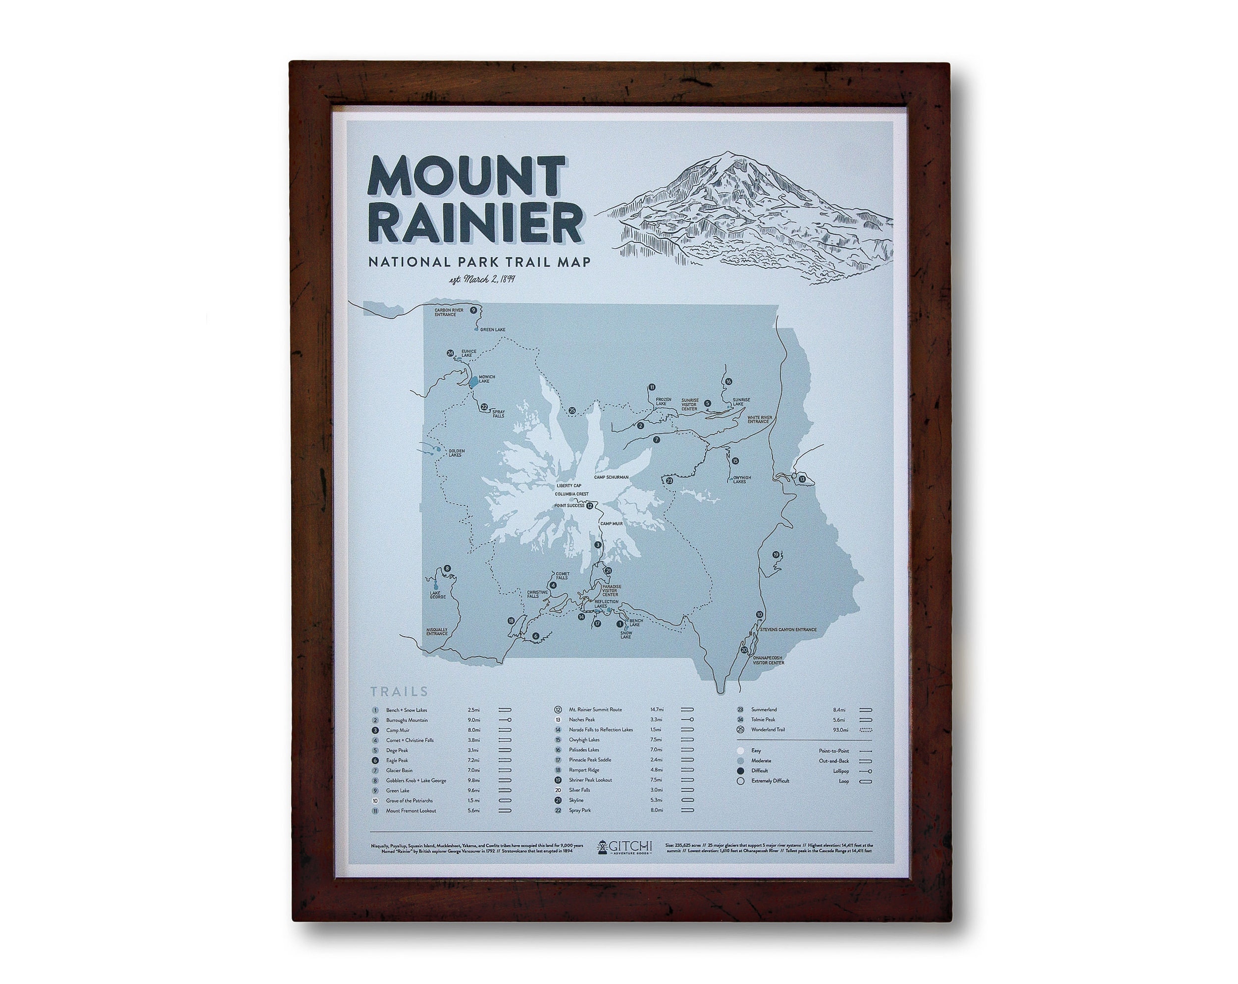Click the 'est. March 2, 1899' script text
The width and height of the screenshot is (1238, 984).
click(x=482, y=280)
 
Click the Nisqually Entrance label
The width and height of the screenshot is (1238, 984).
click(x=437, y=631)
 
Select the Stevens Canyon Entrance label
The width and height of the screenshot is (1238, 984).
click(x=788, y=630)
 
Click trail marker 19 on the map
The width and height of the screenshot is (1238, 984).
click(x=776, y=555)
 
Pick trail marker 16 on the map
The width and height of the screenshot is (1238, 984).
click(x=728, y=382)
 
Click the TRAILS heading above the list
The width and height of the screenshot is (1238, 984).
click(x=399, y=692)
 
